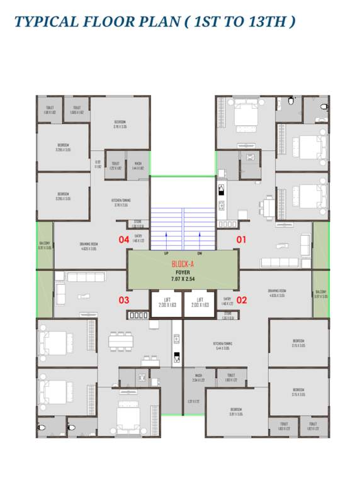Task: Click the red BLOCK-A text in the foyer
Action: (x=183, y=265)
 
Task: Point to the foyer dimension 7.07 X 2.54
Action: (x=183, y=278)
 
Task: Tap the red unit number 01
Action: (x=241, y=240)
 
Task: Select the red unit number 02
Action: (x=241, y=300)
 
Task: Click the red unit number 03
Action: (x=125, y=300)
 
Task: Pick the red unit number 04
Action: (x=125, y=240)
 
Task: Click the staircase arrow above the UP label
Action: (x=166, y=240)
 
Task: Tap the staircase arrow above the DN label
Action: (x=200, y=240)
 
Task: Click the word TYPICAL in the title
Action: (x=46, y=22)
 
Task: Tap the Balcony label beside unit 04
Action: (x=44, y=245)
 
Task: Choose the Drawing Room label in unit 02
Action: (x=278, y=292)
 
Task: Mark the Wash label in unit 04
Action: (x=138, y=167)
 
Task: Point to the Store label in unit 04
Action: (x=138, y=223)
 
